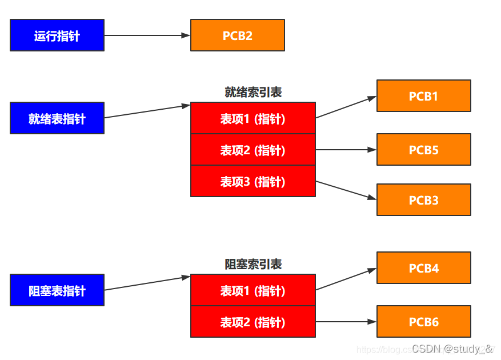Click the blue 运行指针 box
(57, 35)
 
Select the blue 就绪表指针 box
(57, 118)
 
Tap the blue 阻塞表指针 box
(57, 290)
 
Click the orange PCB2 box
(237, 35)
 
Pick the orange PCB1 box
(423, 96)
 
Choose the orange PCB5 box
(423, 150)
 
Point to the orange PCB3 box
(423, 200)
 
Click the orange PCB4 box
(423, 268)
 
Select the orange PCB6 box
(423, 322)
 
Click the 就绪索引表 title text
(253, 93)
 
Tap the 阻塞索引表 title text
(253, 265)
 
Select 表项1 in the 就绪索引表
(253, 119)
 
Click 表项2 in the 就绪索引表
(253, 150)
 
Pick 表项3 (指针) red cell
(253, 182)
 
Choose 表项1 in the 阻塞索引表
(253, 291)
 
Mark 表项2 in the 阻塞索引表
(253, 322)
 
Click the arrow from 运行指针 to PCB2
(147, 35)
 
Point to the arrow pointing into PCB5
(346, 150)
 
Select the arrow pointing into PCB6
(346, 322)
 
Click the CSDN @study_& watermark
(452, 349)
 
